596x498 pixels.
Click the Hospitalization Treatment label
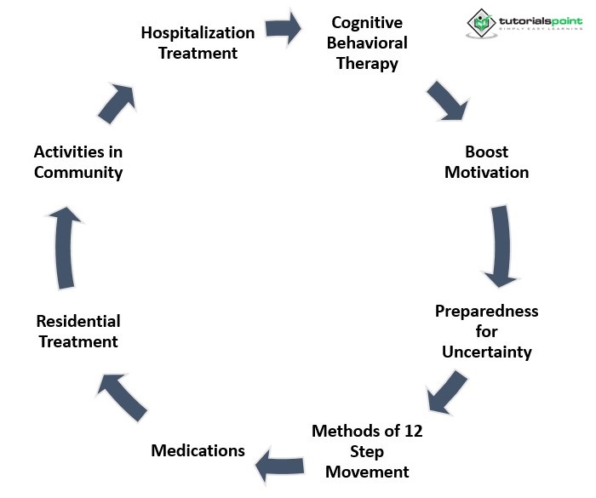pyautogui.click(x=198, y=43)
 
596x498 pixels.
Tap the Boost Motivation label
pyautogui.click(x=486, y=162)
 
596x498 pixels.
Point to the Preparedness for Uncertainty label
pyautogui.click(x=486, y=331)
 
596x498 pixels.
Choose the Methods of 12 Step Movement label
pyautogui.click(x=367, y=451)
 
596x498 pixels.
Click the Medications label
pyautogui.click(x=198, y=450)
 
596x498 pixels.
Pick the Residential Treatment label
pyautogui.click(x=77, y=331)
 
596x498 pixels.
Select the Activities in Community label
pyautogui.click(x=78, y=162)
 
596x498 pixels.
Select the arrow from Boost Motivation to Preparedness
pyautogui.click(x=500, y=248)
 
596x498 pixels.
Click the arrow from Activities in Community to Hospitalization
pyautogui.click(x=117, y=101)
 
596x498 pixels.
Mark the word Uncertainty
pyautogui.click(x=486, y=352)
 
